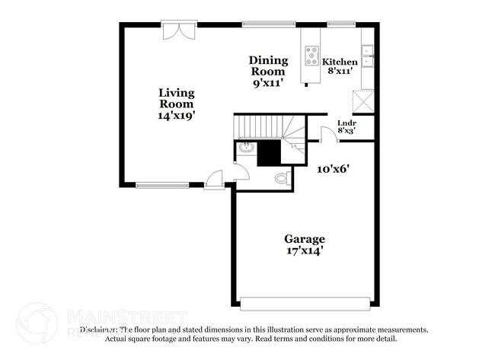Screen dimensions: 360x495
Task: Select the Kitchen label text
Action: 340,62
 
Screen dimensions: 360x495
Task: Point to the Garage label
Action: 305,238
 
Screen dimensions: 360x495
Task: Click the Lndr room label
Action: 346,123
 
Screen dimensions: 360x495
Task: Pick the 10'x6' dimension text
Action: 334,169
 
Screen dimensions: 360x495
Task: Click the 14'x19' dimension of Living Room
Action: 177,116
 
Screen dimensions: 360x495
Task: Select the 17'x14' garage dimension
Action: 305,250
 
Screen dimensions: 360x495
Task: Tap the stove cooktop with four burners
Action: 312,56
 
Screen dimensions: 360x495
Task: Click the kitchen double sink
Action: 367,56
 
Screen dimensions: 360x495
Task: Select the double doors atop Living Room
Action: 180,31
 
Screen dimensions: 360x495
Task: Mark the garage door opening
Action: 307,303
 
